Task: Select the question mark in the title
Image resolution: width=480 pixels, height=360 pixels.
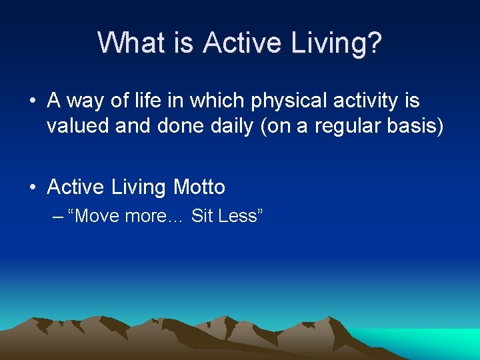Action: click(375, 43)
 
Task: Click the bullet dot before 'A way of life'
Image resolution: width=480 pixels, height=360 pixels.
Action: click(32, 102)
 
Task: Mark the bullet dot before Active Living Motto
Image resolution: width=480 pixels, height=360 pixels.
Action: click(32, 188)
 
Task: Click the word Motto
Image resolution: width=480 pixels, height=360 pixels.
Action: click(199, 187)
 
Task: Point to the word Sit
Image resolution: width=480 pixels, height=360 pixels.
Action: click(202, 216)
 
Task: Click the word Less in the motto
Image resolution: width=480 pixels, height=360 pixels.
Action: click(240, 216)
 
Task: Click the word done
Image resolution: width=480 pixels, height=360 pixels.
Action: click(179, 126)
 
